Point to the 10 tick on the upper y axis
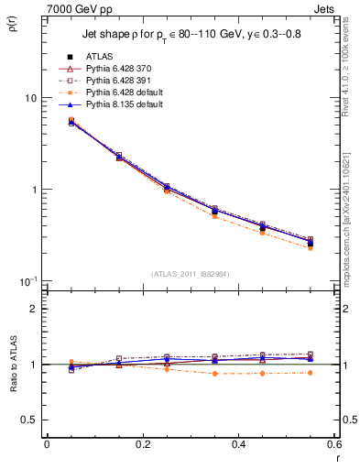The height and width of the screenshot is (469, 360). (x=30, y=98)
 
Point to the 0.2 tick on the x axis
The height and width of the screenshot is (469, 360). (x=142, y=443)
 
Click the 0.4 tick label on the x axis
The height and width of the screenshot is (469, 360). (x=238, y=443)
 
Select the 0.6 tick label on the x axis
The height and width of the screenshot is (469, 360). (x=333, y=443)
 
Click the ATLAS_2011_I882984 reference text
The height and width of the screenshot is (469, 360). (x=190, y=274)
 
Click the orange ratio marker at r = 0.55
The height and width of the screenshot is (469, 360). (x=310, y=373)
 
